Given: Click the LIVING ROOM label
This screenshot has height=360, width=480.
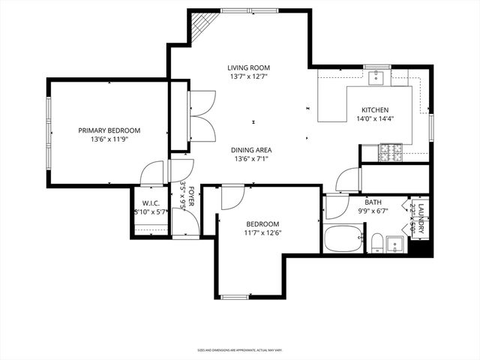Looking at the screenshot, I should [248, 68].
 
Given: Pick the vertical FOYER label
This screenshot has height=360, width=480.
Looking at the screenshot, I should [191, 196].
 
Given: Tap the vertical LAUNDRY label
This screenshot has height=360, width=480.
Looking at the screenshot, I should [421, 218].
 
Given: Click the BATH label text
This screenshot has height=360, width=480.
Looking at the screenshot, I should [373, 202].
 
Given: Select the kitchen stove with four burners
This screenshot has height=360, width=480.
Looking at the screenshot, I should [391, 154].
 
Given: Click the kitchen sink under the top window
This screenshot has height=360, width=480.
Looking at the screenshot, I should [376, 76].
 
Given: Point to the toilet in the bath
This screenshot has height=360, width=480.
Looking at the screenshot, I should [378, 242].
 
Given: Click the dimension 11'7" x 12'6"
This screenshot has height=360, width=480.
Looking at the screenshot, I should [262, 233].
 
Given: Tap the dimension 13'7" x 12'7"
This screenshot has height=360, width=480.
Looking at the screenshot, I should [248, 76].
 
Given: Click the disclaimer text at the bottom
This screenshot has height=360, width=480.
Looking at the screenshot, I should [240, 350].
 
